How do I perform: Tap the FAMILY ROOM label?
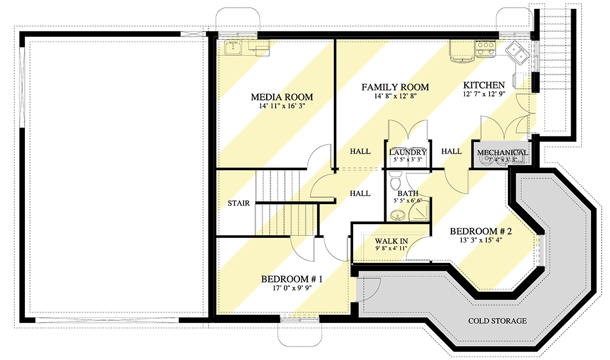[395, 87]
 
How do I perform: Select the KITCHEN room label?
[484, 85]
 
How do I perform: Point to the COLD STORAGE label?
[497, 321]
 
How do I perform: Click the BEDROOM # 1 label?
[292, 278]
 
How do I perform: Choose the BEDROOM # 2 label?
[480, 231]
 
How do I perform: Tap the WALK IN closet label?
[392, 241]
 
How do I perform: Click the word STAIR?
[239, 203]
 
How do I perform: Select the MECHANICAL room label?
[502, 153]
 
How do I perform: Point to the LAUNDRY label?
[408, 152]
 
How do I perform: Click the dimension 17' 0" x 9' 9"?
[292, 288]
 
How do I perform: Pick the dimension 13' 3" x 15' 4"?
[480, 240]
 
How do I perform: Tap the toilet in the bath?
[395, 181]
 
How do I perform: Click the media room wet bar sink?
[233, 48]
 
